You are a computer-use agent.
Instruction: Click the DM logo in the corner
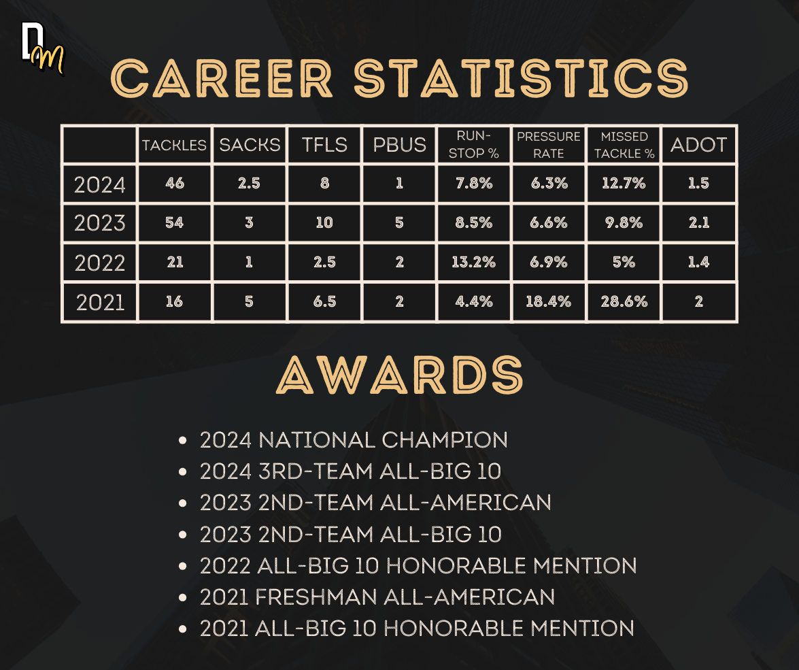[x=43, y=49]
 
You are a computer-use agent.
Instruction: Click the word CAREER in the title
[x=222, y=78]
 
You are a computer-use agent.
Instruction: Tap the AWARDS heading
[x=400, y=375]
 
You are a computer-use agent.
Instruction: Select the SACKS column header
[x=250, y=145]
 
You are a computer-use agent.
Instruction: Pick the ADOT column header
[x=698, y=145]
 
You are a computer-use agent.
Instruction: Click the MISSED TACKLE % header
[x=624, y=145]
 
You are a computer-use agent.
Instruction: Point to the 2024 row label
[x=100, y=184]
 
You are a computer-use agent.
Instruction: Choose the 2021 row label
[x=100, y=303]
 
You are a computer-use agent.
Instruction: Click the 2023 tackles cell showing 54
[x=174, y=223]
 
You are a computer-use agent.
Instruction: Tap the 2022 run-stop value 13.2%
[x=473, y=262]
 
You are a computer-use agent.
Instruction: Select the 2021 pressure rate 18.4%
[x=548, y=302]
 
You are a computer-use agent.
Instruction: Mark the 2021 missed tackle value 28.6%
[x=624, y=302]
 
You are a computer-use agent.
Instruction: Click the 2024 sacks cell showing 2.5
[x=249, y=184]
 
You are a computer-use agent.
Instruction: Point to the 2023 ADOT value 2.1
[x=698, y=223]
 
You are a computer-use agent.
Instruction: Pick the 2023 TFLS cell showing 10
[x=324, y=223]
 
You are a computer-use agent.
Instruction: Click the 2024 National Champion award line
[x=354, y=440]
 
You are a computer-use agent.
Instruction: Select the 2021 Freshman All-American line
[x=377, y=597]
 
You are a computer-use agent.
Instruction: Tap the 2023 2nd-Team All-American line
[x=375, y=503]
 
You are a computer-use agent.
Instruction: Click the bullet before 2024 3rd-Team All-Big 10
[x=183, y=472]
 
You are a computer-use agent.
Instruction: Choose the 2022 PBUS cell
[x=400, y=262]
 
